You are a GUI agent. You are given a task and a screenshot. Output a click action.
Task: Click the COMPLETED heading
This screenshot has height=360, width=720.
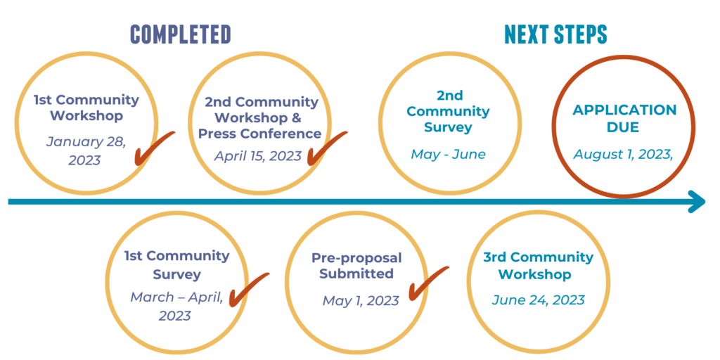(181, 34)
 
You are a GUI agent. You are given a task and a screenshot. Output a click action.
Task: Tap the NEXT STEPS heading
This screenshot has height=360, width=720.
(555, 34)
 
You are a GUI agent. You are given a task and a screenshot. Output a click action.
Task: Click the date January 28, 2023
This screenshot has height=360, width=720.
(86, 150)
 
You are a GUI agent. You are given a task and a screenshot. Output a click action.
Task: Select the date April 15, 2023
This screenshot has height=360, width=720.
(258, 156)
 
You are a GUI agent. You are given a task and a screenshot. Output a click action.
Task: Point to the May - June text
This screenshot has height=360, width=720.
(448, 154)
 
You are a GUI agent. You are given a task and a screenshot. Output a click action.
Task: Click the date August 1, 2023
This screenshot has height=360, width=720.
(623, 154)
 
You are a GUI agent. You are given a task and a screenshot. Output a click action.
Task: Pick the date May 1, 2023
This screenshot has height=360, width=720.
(361, 301)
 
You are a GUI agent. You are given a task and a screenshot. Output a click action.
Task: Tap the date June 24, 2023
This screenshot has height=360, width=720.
(538, 300)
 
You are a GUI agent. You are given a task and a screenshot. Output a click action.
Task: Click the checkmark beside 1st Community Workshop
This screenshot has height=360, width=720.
(154, 148)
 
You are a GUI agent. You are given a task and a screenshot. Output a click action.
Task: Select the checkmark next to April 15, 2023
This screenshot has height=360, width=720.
(327, 148)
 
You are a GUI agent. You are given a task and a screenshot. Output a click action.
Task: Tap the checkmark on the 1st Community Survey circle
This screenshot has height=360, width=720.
(249, 290)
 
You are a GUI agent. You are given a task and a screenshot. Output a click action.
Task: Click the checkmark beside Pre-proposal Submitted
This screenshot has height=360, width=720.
(428, 283)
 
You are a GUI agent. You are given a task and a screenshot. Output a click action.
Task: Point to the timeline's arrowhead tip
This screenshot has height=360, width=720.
(705, 202)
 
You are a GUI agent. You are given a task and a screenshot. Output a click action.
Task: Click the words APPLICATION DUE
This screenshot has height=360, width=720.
(624, 118)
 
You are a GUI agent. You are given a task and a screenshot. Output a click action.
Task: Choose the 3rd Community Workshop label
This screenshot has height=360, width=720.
(538, 266)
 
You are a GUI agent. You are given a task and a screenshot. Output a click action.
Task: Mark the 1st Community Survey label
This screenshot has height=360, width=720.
(176, 265)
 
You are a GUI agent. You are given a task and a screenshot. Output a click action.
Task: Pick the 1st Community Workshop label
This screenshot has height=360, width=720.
(86, 108)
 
